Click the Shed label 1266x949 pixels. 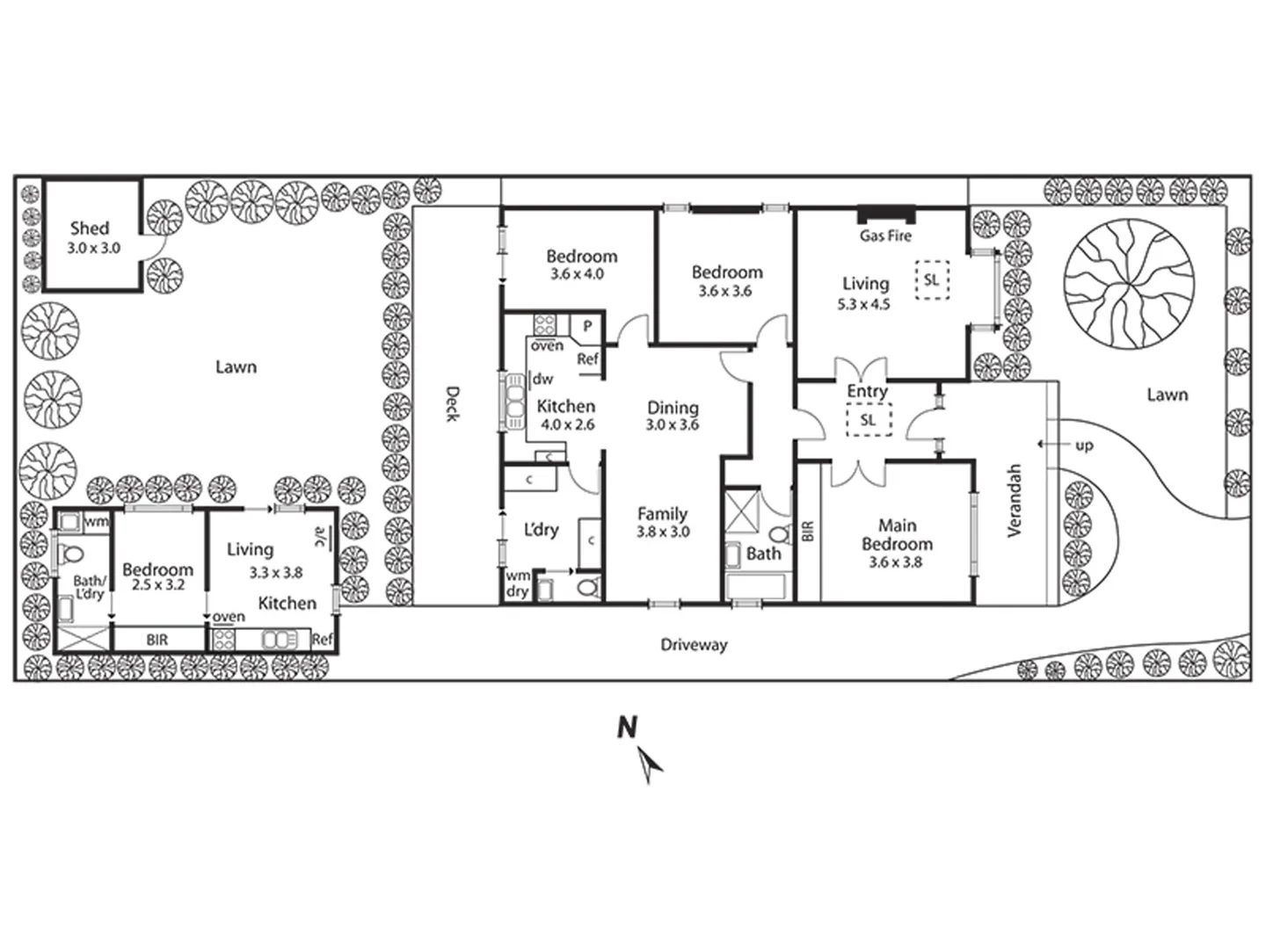(x=89, y=228)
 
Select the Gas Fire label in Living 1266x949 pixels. (x=885, y=235)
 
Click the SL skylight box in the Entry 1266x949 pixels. (x=868, y=420)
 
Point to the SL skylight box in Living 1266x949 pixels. (x=931, y=281)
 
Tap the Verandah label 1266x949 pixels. (x=1015, y=501)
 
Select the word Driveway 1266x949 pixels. (x=694, y=645)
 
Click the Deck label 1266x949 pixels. (x=452, y=403)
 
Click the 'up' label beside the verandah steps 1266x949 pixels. (x=1084, y=446)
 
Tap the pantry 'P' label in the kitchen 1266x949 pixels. (x=586, y=326)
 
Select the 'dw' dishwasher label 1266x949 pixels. (x=542, y=380)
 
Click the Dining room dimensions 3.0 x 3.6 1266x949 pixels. (x=673, y=425)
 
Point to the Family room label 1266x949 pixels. (x=662, y=514)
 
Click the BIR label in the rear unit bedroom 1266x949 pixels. (x=157, y=641)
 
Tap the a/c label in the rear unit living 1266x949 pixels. (x=321, y=536)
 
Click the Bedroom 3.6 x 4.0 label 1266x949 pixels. (x=581, y=257)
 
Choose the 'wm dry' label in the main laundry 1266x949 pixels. (x=517, y=583)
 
